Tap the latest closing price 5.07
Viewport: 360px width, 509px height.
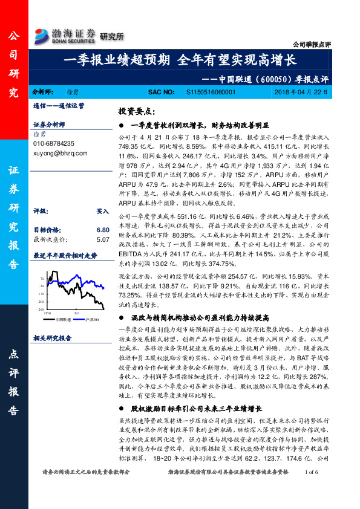pos(102,240)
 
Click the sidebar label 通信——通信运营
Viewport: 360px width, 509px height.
pos(59,105)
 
